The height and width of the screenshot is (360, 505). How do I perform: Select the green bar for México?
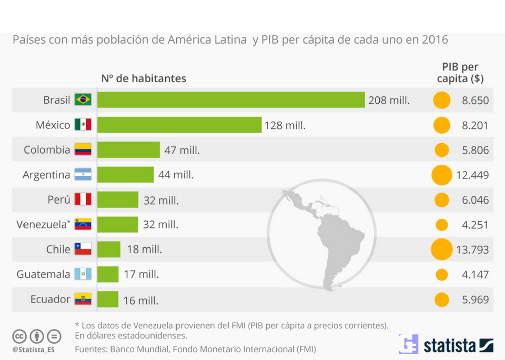pyautogui.click(x=179, y=125)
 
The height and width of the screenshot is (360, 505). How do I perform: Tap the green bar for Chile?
pyautogui.click(x=108, y=249)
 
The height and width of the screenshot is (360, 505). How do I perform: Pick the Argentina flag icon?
pyautogui.click(x=83, y=175)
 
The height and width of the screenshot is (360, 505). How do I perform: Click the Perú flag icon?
pyautogui.click(x=83, y=199)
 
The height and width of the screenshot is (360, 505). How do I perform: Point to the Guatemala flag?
pyautogui.click(x=83, y=274)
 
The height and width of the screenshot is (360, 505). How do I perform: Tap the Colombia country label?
pyautogui.click(x=47, y=149)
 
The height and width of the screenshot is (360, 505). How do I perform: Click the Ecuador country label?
pyautogui.click(x=50, y=299)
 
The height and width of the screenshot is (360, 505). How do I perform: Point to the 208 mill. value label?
pyautogui.click(x=389, y=100)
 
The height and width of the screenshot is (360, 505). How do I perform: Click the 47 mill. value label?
pyautogui.click(x=182, y=150)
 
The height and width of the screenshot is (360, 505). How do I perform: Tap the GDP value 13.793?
pyautogui.click(x=472, y=249)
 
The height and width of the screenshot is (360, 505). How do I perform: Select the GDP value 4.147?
pyautogui.click(x=473, y=274)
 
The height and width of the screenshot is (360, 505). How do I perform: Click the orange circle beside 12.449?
pyautogui.click(x=441, y=175)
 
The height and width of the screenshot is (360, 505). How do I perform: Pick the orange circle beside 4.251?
pyautogui.click(x=441, y=225)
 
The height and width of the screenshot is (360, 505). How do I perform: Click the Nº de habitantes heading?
pyautogui.click(x=144, y=78)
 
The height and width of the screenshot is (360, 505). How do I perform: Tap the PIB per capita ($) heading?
pyautogui.click(x=460, y=73)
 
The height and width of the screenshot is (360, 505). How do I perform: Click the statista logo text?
pyautogui.click(x=450, y=345)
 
